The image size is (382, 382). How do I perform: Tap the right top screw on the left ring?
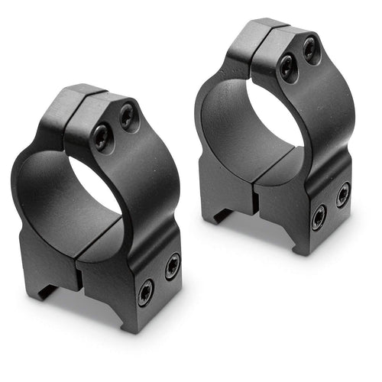coord(127,116)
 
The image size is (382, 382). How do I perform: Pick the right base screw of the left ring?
coord(172,266)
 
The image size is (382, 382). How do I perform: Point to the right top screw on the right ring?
coord(310,50)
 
